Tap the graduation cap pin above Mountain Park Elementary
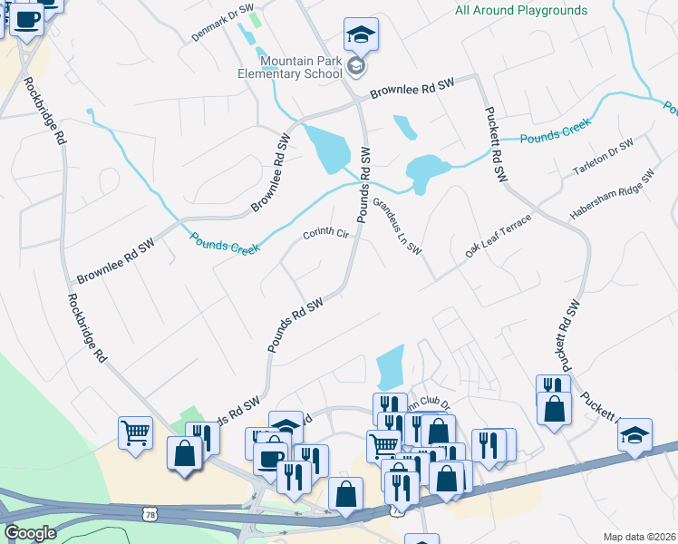click(x=361, y=35)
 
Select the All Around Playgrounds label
click(x=521, y=11)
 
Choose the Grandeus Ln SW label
click(x=398, y=227)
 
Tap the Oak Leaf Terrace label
click(x=499, y=237)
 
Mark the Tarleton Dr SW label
click(x=603, y=159)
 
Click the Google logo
click(x=30, y=532)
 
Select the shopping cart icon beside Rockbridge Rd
click(x=135, y=433)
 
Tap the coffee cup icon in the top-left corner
click(x=26, y=20)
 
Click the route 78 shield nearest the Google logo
click(x=150, y=514)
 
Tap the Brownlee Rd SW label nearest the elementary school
click(x=411, y=88)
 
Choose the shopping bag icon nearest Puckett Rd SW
click(x=554, y=409)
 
